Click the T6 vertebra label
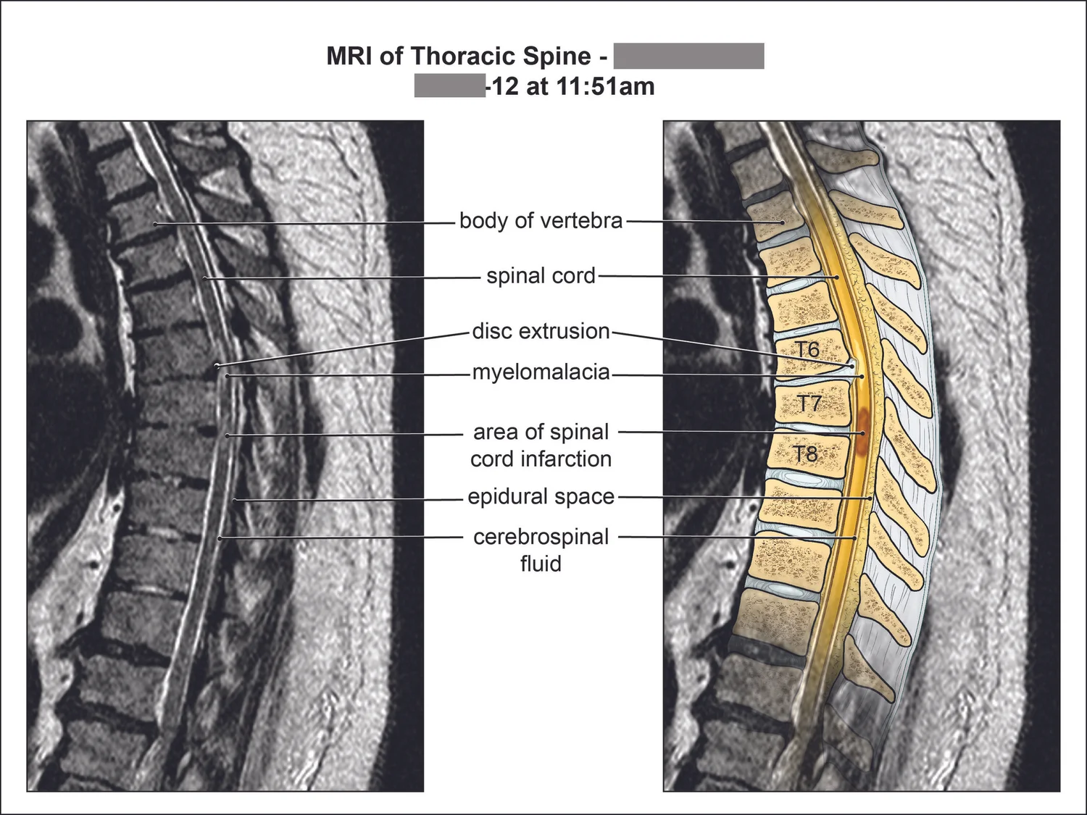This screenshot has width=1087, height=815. [x=807, y=350]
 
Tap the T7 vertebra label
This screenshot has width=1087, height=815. [x=809, y=403]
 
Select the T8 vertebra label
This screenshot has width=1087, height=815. [x=805, y=454]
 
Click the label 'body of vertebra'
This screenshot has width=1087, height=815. [x=541, y=220]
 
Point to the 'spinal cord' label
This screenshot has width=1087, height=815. [x=541, y=276]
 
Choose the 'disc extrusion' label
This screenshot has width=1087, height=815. [x=541, y=331]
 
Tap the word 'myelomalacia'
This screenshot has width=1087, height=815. [x=541, y=372]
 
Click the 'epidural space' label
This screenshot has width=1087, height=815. [x=541, y=497]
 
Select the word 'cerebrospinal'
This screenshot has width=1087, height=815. [x=541, y=537]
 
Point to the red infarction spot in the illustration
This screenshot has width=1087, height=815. [x=863, y=432]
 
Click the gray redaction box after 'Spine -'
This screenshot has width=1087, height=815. [x=688, y=56]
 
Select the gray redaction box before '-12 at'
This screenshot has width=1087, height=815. [x=449, y=85]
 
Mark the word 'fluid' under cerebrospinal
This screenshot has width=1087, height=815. [x=541, y=564]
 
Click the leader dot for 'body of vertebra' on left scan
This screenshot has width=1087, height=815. [x=155, y=224]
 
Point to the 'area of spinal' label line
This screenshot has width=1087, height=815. [x=541, y=432]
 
